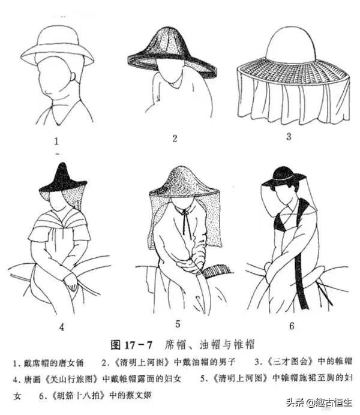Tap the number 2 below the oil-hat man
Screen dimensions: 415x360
175,139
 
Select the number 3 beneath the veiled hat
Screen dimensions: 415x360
289,136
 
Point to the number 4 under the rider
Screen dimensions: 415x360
62,327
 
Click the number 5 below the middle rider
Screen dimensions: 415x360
178,324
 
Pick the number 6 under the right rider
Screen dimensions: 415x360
292,326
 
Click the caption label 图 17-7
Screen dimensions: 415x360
131,345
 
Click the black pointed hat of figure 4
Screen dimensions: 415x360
63,179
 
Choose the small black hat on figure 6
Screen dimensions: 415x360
283,176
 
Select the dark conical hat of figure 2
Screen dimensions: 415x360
172,51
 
